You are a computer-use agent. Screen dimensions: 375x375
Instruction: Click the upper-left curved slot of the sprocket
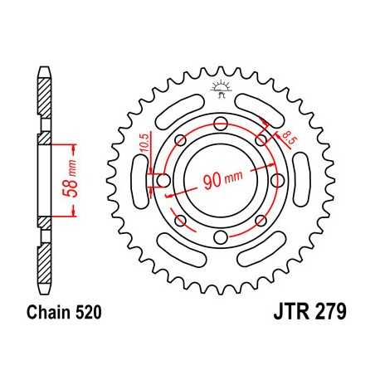[177, 111]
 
